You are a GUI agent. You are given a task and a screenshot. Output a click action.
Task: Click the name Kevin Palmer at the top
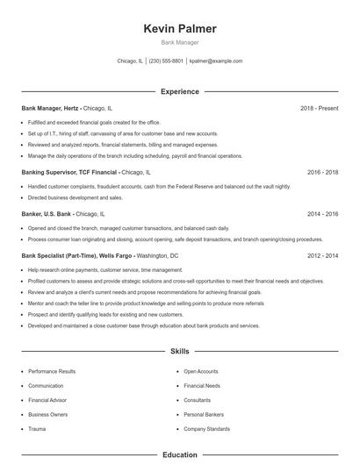pyautogui.click(x=180, y=29)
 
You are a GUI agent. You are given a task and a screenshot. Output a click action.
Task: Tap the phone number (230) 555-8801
pyautogui.click(x=166, y=61)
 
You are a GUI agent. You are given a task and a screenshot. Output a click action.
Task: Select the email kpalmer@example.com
pyautogui.click(x=215, y=61)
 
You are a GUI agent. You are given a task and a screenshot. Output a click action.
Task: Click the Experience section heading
pyautogui.click(x=180, y=91)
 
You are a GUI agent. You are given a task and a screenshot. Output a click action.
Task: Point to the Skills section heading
pyautogui.click(x=180, y=351)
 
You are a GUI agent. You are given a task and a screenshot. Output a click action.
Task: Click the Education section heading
pyautogui.click(x=180, y=455)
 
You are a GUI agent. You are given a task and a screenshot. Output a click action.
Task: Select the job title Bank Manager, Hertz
pyautogui.click(x=52, y=108)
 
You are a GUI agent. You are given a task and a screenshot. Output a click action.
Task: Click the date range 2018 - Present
pyautogui.click(x=319, y=108)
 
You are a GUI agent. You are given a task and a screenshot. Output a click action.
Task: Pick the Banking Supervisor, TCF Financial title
pyautogui.click(x=69, y=173)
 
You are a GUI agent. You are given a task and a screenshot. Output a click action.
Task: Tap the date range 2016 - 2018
pyautogui.click(x=322, y=173)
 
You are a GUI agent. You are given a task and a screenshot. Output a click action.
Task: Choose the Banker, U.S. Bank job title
pyautogui.click(x=46, y=213)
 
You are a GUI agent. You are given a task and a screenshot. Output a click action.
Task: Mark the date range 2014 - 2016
pyautogui.click(x=322, y=213)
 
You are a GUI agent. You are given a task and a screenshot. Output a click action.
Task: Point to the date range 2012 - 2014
pyautogui.click(x=322, y=255)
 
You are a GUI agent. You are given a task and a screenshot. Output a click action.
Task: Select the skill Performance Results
pyautogui.click(x=52, y=371)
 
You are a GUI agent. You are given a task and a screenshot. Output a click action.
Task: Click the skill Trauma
pyautogui.click(x=38, y=428)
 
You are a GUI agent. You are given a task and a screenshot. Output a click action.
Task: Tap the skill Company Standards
pyautogui.click(x=206, y=428)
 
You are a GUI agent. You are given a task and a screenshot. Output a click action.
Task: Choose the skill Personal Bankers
pyautogui.click(x=203, y=414)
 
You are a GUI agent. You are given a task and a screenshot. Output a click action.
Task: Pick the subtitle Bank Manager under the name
pyautogui.click(x=180, y=42)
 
